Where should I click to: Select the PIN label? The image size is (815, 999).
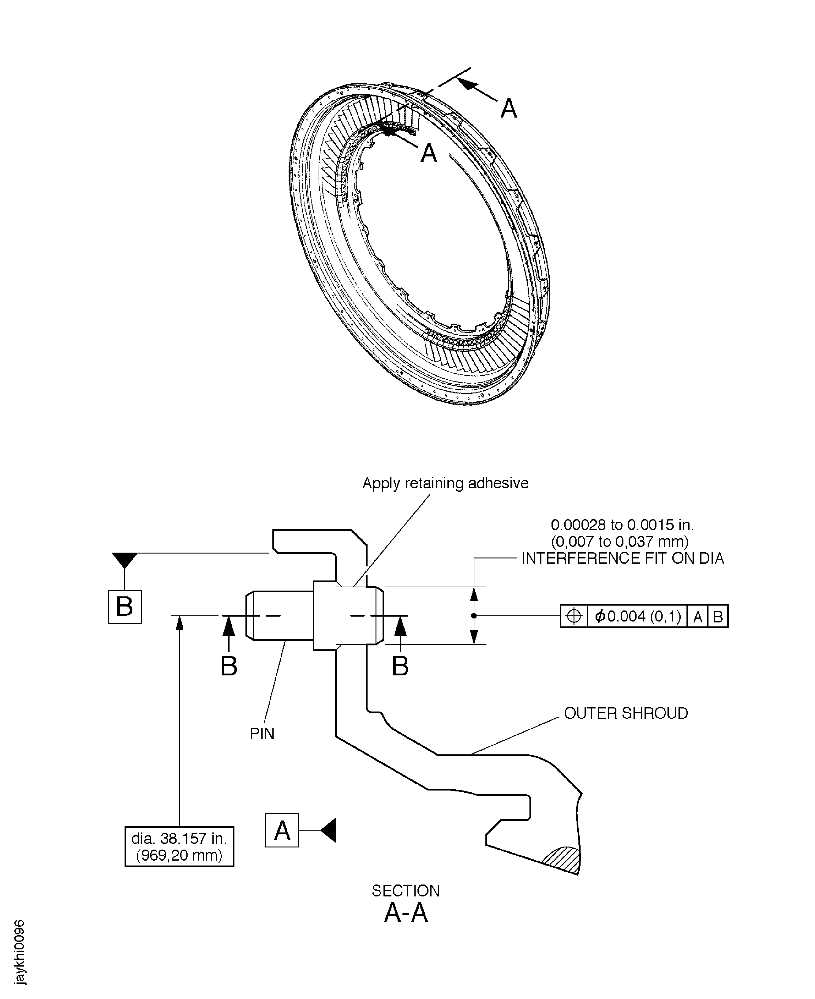(x=261, y=734)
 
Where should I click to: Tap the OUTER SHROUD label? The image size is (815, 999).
(x=625, y=713)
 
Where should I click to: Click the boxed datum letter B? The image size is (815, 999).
(x=125, y=607)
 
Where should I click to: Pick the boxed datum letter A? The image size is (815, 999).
(x=282, y=831)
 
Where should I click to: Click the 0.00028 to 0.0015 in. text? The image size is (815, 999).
(x=622, y=525)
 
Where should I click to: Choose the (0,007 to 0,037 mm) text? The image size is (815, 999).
(x=620, y=542)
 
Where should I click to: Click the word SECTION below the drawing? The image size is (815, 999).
(x=406, y=891)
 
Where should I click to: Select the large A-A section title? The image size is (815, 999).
(x=406, y=914)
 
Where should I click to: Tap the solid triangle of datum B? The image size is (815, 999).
(x=125, y=559)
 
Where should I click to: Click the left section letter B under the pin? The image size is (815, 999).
(x=229, y=666)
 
